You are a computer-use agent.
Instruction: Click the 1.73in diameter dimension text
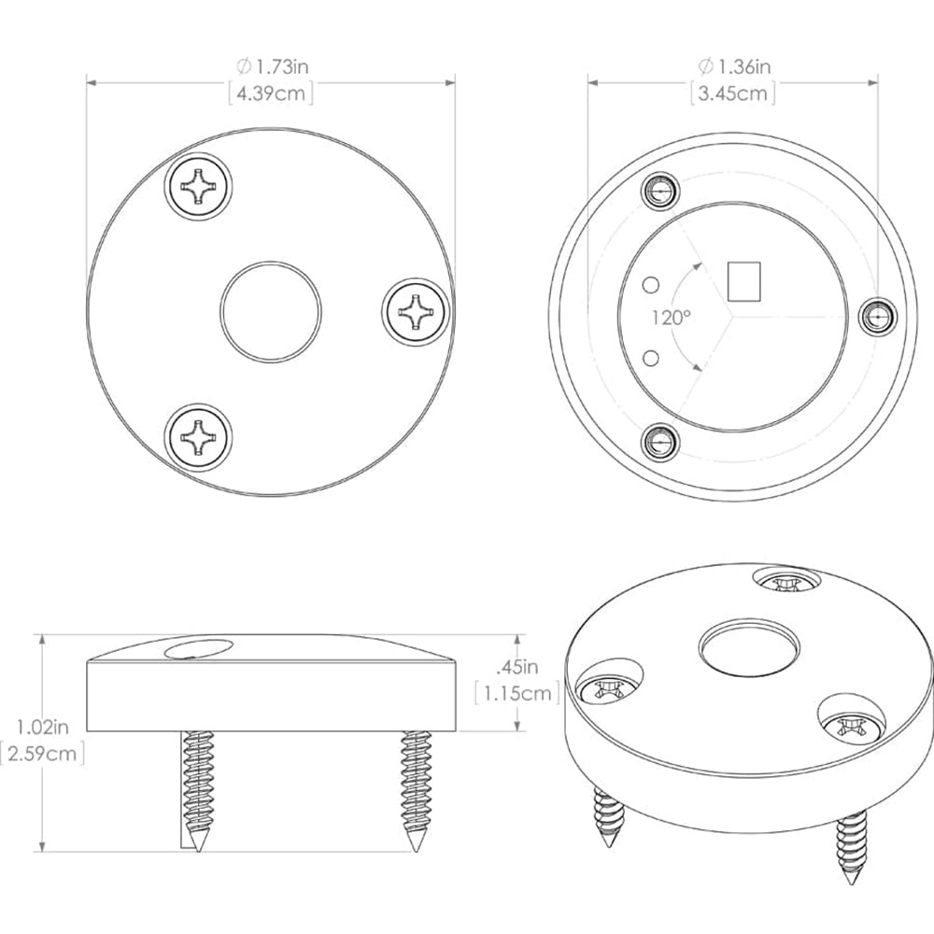[271, 66]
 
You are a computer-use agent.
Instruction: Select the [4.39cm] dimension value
[271, 92]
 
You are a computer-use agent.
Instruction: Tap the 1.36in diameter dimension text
[733, 66]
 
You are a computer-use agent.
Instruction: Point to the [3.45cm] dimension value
[733, 92]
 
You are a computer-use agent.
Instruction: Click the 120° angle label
[671, 317]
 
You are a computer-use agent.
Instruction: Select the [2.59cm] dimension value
[43, 753]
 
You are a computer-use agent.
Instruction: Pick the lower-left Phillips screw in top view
[197, 434]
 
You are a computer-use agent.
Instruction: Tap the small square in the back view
[744, 281]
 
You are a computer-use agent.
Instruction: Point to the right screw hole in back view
[876, 318]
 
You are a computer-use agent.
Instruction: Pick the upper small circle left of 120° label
[652, 282]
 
